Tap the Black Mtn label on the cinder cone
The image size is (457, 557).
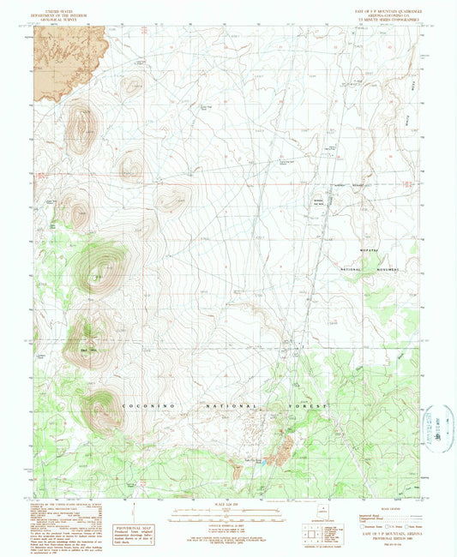(x=86, y=348)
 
